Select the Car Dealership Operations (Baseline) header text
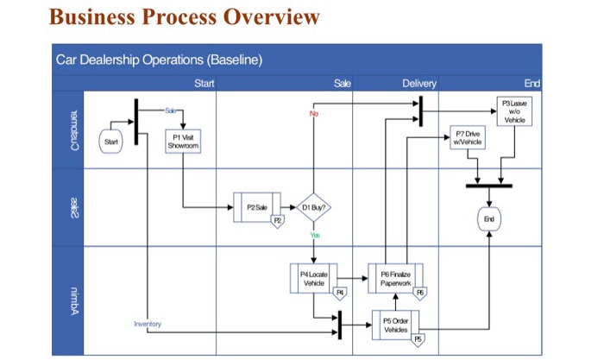click(x=159, y=60)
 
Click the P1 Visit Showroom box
click(x=183, y=142)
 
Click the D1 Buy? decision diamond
click(x=314, y=207)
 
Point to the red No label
click(x=313, y=113)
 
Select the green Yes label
click(x=314, y=236)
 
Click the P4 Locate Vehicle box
click(x=314, y=277)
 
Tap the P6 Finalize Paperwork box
click(x=395, y=277)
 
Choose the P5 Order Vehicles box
click(x=395, y=324)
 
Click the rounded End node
click(x=489, y=219)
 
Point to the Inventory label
click(x=148, y=324)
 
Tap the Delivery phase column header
click(x=419, y=83)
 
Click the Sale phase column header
click(x=342, y=83)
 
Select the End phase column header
click(x=532, y=83)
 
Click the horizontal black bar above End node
click(x=488, y=185)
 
